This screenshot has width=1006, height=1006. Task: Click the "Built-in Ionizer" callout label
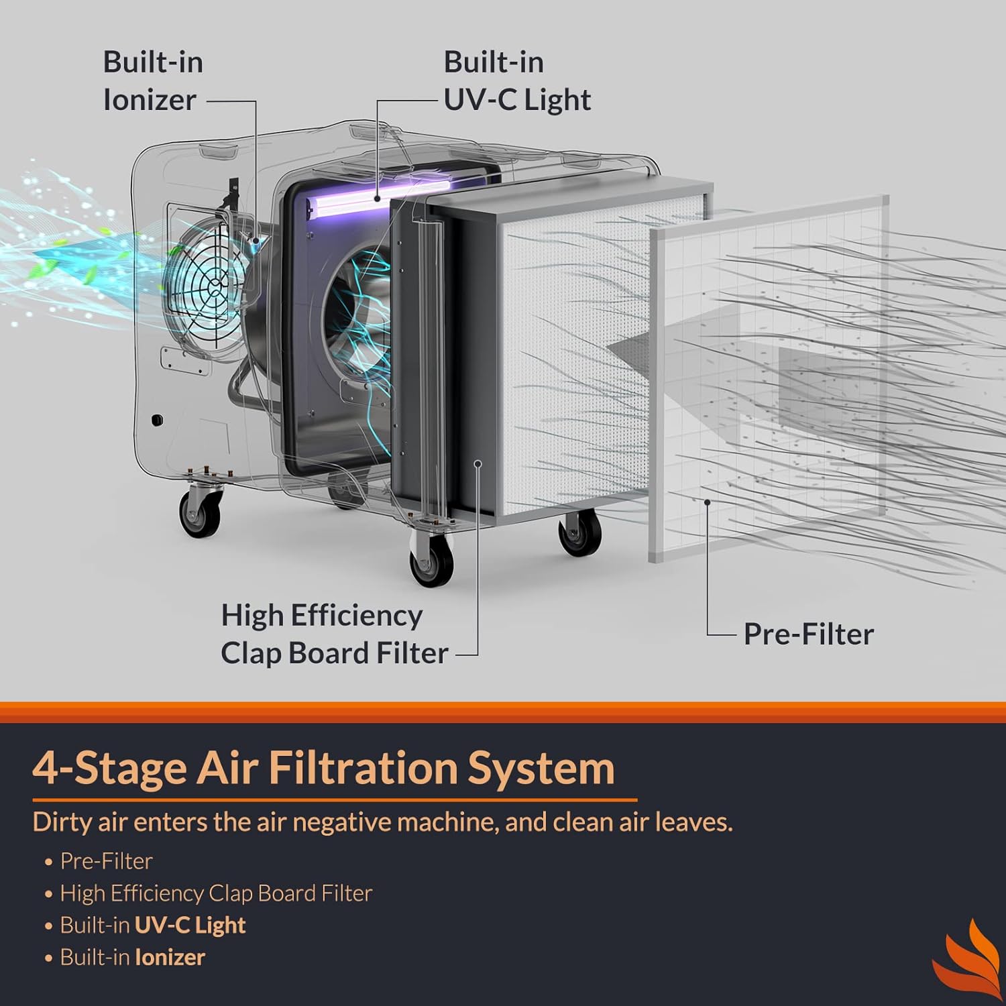[152, 81]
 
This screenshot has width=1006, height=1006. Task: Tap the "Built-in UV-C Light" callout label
[516, 81]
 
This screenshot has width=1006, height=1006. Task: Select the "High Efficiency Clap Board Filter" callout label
[333, 634]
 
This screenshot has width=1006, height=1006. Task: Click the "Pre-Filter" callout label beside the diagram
[808, 634]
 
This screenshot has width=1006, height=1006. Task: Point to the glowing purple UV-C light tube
[379, 199]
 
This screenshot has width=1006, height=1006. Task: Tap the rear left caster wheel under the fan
[200, 513]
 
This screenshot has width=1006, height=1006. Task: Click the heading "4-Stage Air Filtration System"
[323, 768]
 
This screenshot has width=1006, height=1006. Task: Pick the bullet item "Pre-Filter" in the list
[106, 861]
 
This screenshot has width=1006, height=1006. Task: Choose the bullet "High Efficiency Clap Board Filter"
[215, 893]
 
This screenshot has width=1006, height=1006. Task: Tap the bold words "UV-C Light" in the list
[190, 926]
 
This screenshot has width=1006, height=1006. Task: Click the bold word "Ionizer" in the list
[170, 958]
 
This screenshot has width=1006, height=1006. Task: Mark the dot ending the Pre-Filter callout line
[707, 502]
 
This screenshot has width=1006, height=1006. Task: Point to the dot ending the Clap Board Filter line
[478, 463]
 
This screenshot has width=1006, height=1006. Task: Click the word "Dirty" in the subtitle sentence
[63, 822]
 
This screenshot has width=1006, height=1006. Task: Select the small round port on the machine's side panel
[156, 421]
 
